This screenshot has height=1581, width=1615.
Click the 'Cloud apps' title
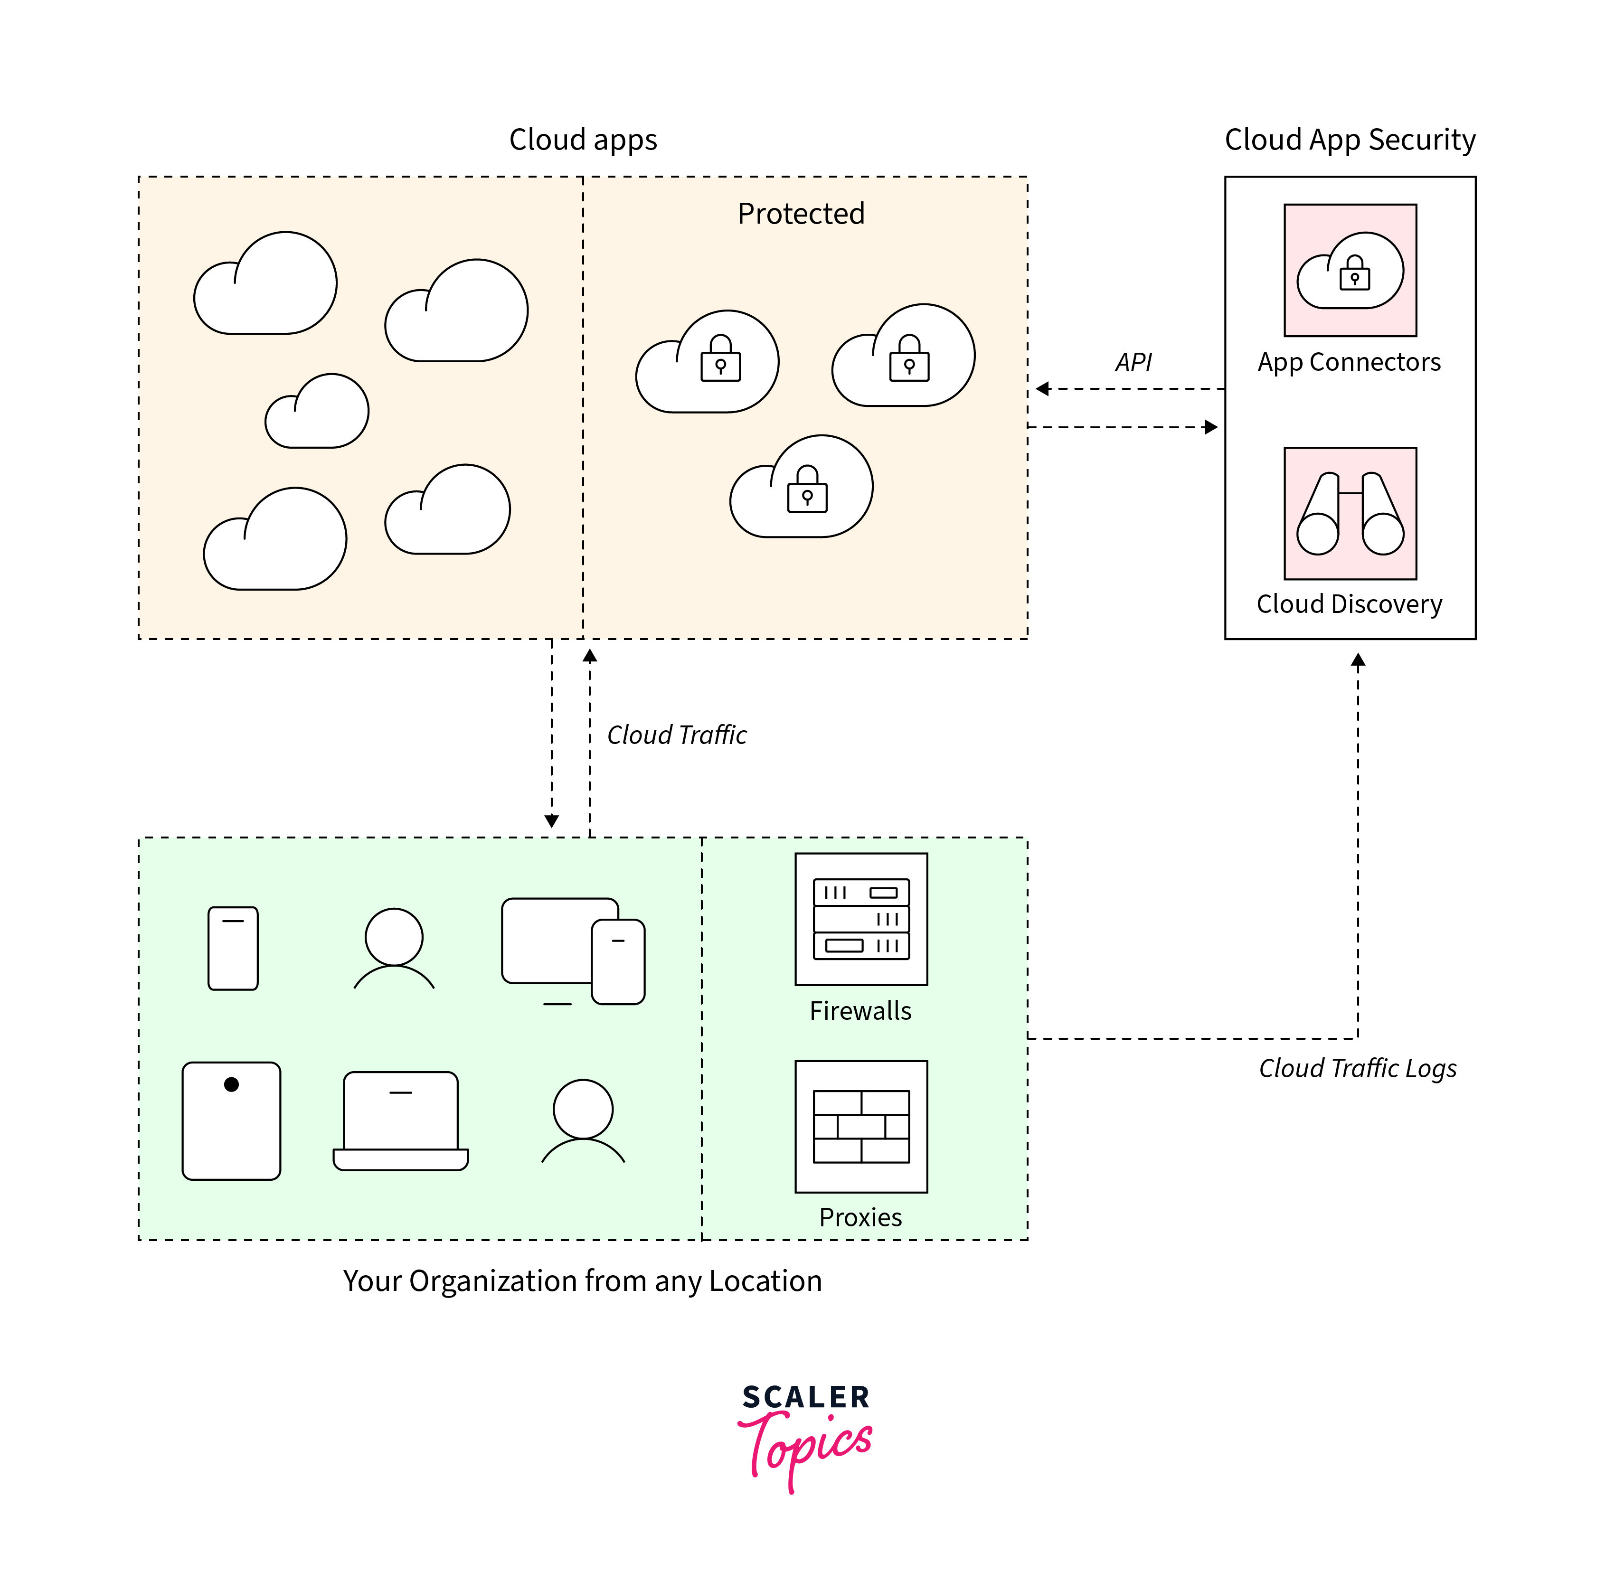[583, 140]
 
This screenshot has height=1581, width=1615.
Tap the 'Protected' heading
[801, 213]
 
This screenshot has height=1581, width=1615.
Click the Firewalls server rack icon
[860, 919]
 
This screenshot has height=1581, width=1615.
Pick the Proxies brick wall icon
[860, 1126]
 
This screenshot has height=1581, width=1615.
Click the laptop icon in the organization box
[400, 1121]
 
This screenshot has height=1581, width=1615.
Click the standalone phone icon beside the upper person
[233, 948]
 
